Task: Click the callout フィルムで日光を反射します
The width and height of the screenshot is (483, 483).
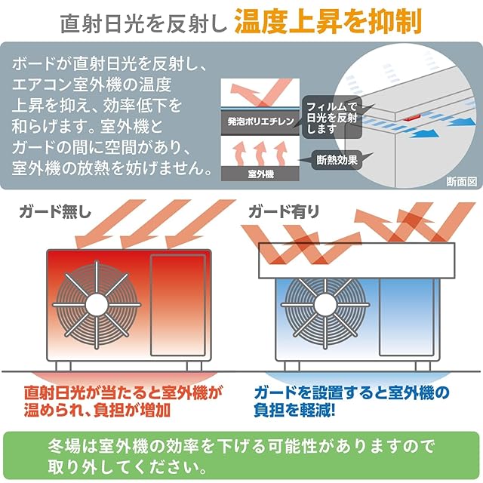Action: tap(333, 117)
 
